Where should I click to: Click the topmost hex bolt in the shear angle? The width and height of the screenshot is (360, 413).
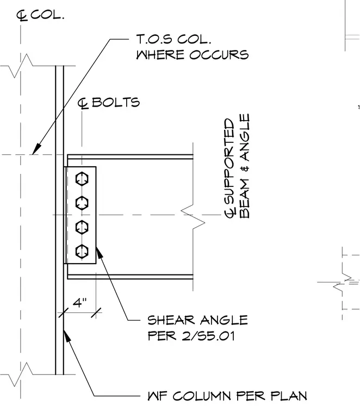tap(82, 179)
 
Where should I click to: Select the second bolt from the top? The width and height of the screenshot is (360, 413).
tap(82, 203)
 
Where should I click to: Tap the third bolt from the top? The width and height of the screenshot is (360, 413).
tap(82, 227)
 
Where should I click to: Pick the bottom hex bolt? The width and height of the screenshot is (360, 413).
tap(82, 251)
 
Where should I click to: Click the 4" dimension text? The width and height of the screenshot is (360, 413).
tap(79, 303)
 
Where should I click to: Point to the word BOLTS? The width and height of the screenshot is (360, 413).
tap(116, 102)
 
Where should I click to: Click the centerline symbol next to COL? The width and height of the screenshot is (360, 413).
tap(22, 16)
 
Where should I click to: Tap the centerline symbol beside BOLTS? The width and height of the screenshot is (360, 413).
tap(83, 103)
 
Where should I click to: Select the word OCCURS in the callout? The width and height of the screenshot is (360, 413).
tap(219, 55)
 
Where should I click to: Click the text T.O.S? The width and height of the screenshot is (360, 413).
tap(154, 40)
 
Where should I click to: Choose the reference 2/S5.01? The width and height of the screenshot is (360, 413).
tap(208, 336)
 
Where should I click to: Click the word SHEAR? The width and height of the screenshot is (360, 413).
tap(171, 320)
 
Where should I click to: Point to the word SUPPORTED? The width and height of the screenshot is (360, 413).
tap(229, 161)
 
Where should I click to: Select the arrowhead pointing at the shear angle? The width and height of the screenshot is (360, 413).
tap(99, 252)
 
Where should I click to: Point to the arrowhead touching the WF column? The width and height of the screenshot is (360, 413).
tap(67, 336)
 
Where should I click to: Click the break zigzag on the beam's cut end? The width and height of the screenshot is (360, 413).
tap(193, 217)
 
